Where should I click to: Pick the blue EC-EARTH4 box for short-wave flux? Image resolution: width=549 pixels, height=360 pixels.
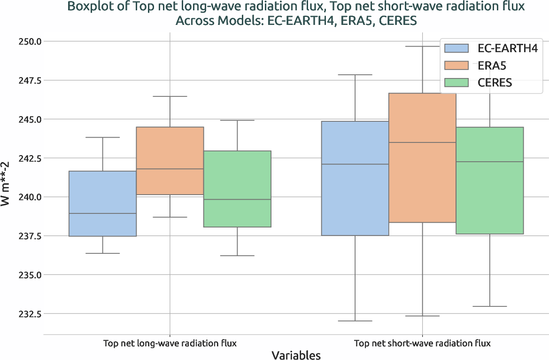(355, 178)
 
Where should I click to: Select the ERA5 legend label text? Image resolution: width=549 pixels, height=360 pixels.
(492, 65)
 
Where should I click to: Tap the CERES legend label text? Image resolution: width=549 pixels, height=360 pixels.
(495, 83)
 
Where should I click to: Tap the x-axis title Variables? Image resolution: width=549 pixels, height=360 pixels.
(296, 355)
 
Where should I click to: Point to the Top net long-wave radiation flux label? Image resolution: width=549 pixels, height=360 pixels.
(170, 343)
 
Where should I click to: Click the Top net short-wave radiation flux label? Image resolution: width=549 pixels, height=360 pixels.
(422, 343)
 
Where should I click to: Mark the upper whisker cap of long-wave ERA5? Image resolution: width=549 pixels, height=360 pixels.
(170, 96)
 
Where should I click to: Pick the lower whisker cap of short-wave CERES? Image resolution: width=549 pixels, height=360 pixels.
(489, 306)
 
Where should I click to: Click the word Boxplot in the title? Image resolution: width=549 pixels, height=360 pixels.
(89, 7)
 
